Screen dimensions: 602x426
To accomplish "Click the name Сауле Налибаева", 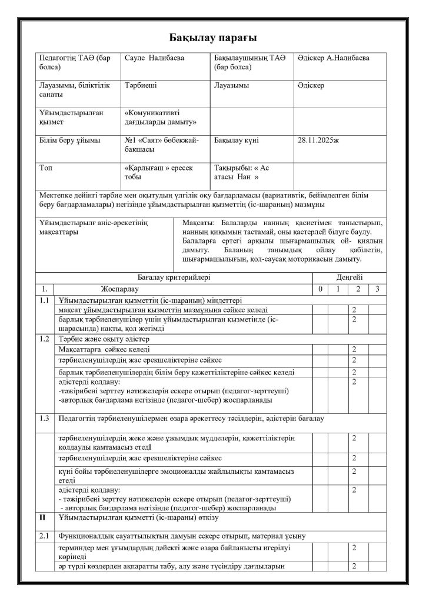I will (154, 58).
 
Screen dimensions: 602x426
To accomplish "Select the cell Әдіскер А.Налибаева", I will (334, 58).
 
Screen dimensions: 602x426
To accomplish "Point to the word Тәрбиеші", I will (141, 85).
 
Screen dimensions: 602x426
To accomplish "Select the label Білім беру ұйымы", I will (69, 141).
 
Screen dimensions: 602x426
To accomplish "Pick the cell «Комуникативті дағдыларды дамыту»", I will (161, 117).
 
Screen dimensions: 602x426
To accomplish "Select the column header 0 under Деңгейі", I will (319, 289).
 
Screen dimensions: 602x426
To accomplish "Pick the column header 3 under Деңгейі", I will (377, 289).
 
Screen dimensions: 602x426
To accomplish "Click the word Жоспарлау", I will (120, 289).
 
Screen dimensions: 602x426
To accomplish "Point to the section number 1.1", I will (44, 300).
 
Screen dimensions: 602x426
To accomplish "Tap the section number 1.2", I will (44, 339).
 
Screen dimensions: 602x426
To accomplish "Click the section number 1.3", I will (44, 418).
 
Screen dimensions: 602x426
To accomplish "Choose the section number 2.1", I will (44, 536).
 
